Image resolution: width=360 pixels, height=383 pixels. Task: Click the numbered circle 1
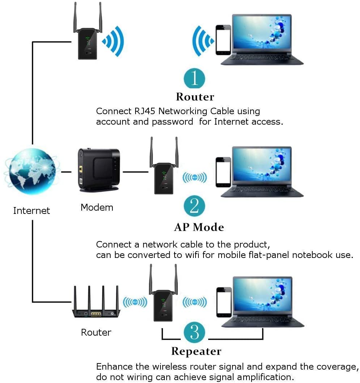click(194, 78)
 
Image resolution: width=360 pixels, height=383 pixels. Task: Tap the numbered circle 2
click(194, 206)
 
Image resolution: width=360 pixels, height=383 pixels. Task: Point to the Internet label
click(31, 211)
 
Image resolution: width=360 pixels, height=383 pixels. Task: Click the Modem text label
click(97, 207)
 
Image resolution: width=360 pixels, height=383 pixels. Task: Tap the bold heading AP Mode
click(199, 227)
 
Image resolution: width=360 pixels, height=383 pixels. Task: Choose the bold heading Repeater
click(196, 351)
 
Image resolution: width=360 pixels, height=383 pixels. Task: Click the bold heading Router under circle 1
click(195, 97)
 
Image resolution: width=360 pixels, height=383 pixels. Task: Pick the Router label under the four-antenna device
click(96, 332)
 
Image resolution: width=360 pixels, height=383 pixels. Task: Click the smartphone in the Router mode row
click(223, 40)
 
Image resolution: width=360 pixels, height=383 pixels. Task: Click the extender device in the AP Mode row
click(163, 177)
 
